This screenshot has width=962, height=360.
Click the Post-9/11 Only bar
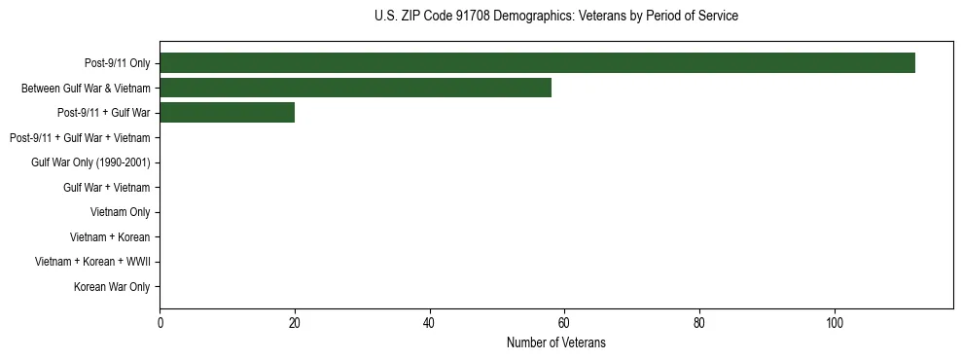pos(537,63)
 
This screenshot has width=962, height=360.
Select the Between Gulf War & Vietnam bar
pos(355,89)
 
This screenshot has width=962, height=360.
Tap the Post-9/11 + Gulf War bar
pos(227,113)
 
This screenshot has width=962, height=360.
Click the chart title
pos(555,17)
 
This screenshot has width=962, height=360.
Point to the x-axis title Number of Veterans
pos(555,342)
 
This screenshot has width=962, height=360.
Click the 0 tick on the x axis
pos(160,322)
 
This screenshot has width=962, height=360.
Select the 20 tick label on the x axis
pos(295,322)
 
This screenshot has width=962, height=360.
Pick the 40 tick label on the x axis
pos(429,322)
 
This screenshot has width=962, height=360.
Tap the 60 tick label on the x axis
pos(564,322)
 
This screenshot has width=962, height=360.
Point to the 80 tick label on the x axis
pos(699,322)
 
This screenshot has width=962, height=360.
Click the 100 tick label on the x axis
pos(834,322)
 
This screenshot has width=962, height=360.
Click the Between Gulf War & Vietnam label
pos(86,89)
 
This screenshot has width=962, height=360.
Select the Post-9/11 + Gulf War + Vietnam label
pos(80,138)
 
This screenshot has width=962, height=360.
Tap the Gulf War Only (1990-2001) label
pos(90,162)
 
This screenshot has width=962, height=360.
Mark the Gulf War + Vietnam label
pos(106,188)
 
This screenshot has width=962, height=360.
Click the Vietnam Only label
pos(120,212)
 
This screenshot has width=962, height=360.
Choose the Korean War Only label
pos(112,287)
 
